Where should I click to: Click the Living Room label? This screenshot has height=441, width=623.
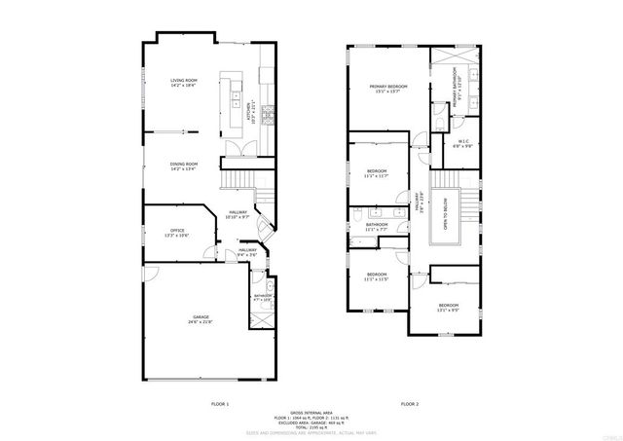click(183, 83)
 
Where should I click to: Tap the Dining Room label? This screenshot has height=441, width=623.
click(183, 165)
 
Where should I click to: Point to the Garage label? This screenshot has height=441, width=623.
click(200, 320)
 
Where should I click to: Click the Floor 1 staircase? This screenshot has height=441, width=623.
click(239, 181)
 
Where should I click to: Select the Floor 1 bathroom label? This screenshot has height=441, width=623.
click(263, 297)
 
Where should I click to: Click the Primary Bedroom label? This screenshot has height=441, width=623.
click(387, 89)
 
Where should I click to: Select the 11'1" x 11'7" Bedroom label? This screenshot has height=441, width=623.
click(376, 173)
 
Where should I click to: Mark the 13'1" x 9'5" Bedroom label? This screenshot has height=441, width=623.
click(447, 307)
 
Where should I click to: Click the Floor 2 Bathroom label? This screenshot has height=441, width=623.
click(377, 227)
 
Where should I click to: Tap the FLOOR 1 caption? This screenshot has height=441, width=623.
click(219, 403)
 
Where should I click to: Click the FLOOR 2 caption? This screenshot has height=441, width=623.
click(410, 403)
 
